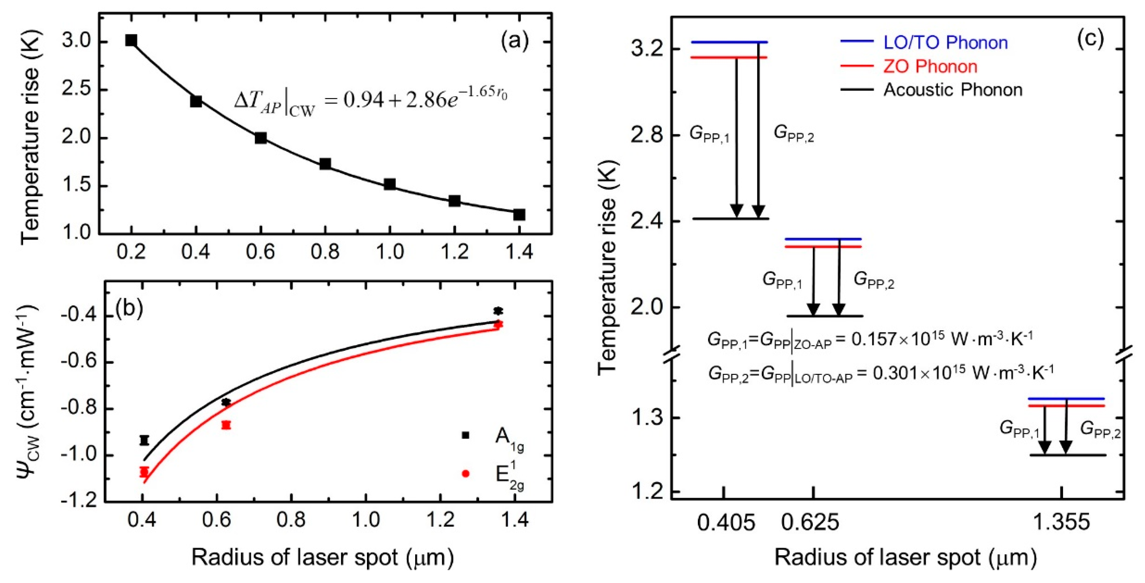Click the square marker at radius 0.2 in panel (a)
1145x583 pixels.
pos(131,40)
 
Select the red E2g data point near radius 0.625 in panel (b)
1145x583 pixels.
pos(226,425)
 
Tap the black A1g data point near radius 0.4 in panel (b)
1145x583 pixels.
pos(144,440)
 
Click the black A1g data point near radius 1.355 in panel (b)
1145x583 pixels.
pos(498,311)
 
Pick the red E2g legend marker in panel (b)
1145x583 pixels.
pos(465,474)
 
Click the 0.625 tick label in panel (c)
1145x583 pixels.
pos(810,523)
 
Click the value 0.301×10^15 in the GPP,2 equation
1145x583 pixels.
pos(919,373)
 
